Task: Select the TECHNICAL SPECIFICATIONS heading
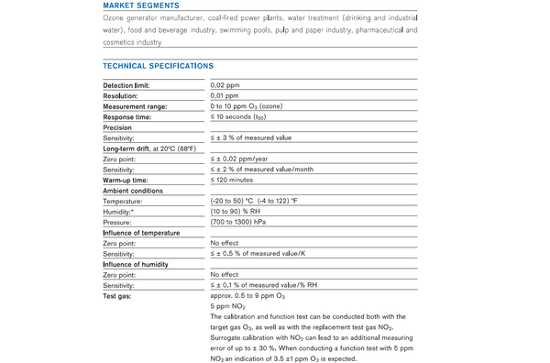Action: [x=158, y=66]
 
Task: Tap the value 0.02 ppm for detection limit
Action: [x=225, y=84]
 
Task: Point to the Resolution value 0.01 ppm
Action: [x=225, y=95]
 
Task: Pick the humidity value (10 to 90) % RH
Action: [x=237, y=212]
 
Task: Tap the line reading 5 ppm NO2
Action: [x=228, y=307]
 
